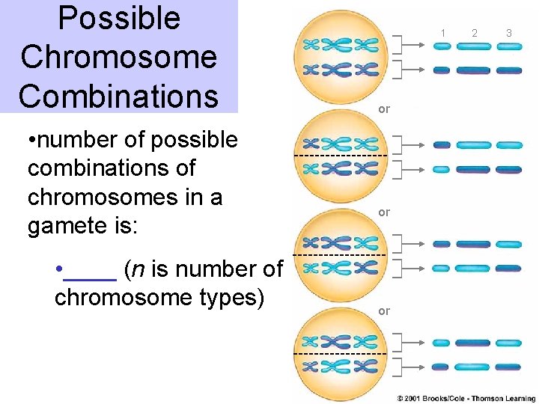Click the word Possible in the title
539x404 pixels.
tap(119, 19)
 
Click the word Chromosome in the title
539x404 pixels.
tap(119, 58)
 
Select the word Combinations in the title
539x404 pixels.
tap(119, 96)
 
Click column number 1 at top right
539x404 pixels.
tap(442, 33)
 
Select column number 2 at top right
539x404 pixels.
tap(475, 33)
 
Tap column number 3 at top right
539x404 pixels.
tap(508, 33)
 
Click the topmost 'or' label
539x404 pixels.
tap(384, 109)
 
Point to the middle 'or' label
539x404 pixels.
tap(384, 212)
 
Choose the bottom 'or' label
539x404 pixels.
tap(384, 311)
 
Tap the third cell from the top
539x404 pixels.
tap(341, 255)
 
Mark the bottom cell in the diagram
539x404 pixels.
tap(341, 353)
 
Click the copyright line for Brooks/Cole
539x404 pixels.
tap(466, 399)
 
